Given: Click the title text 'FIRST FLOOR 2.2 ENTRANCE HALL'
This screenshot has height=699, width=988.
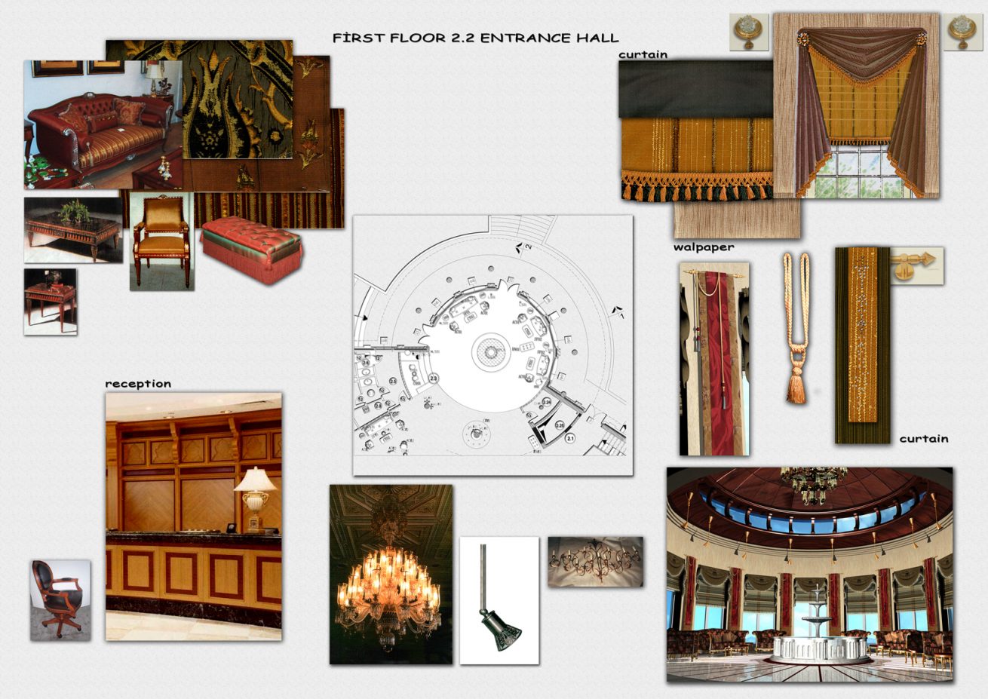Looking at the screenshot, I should tap(475, 38).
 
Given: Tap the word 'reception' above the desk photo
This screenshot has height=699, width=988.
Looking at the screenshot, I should tap(138, 384).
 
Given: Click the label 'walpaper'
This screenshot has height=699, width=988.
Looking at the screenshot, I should tap(703, 247).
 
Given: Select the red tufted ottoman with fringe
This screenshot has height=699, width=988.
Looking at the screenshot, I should tap(251, 249).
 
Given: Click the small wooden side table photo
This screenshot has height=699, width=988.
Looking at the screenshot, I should tap(49, 301).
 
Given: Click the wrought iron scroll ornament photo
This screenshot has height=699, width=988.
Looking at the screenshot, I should tap(595, 561).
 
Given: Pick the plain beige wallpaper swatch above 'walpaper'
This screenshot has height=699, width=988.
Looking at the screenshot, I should tap(736, 219).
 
